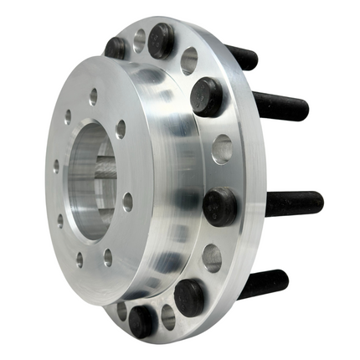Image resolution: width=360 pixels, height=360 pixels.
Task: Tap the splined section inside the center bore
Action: click(105, 180)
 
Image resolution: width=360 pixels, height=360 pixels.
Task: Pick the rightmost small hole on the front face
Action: click(127, 202)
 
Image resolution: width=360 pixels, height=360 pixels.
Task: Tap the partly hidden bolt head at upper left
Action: click(117, 48)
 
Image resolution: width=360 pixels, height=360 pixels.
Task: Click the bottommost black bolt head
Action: click(141, 320)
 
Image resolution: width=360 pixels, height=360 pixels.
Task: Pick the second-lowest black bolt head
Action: click(190, 297)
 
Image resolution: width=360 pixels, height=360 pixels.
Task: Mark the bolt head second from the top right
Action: click(206, 95)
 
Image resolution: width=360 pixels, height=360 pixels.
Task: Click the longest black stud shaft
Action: click(293, 203)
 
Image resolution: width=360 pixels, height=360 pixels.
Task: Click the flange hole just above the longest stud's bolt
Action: click(222, 150)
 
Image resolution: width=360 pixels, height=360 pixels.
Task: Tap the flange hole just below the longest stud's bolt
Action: click(213, 258)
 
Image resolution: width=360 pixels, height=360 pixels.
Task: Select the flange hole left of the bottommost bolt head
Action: click(122, 311)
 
